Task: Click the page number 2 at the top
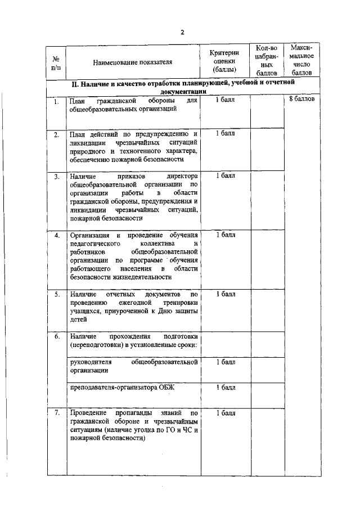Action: click(182, 32)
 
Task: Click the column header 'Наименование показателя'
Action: click(133, 62)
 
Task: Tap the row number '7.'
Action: click(56, 413)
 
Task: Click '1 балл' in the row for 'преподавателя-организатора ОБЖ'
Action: click(225, 388)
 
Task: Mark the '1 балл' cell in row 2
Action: click(225, 133)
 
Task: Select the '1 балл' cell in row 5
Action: click(225, 294)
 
